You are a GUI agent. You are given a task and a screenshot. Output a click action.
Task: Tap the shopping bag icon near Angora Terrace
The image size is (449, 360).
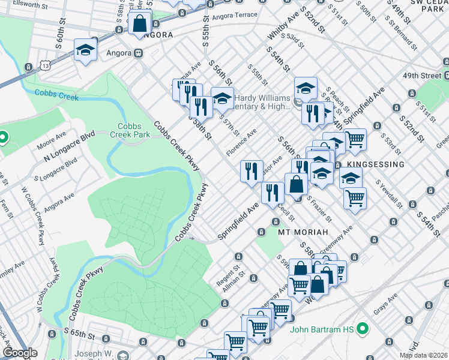tap(140, 24)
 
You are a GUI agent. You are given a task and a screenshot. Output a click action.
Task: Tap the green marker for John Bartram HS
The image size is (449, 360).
tap(362, 329)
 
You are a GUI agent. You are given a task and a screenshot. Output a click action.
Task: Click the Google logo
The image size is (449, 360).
tap(20, 353)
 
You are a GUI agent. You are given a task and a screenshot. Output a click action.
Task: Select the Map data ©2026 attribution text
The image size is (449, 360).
tap(423, 355)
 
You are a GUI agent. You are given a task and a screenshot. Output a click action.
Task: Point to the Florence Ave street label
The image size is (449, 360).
tap(241, 143)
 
